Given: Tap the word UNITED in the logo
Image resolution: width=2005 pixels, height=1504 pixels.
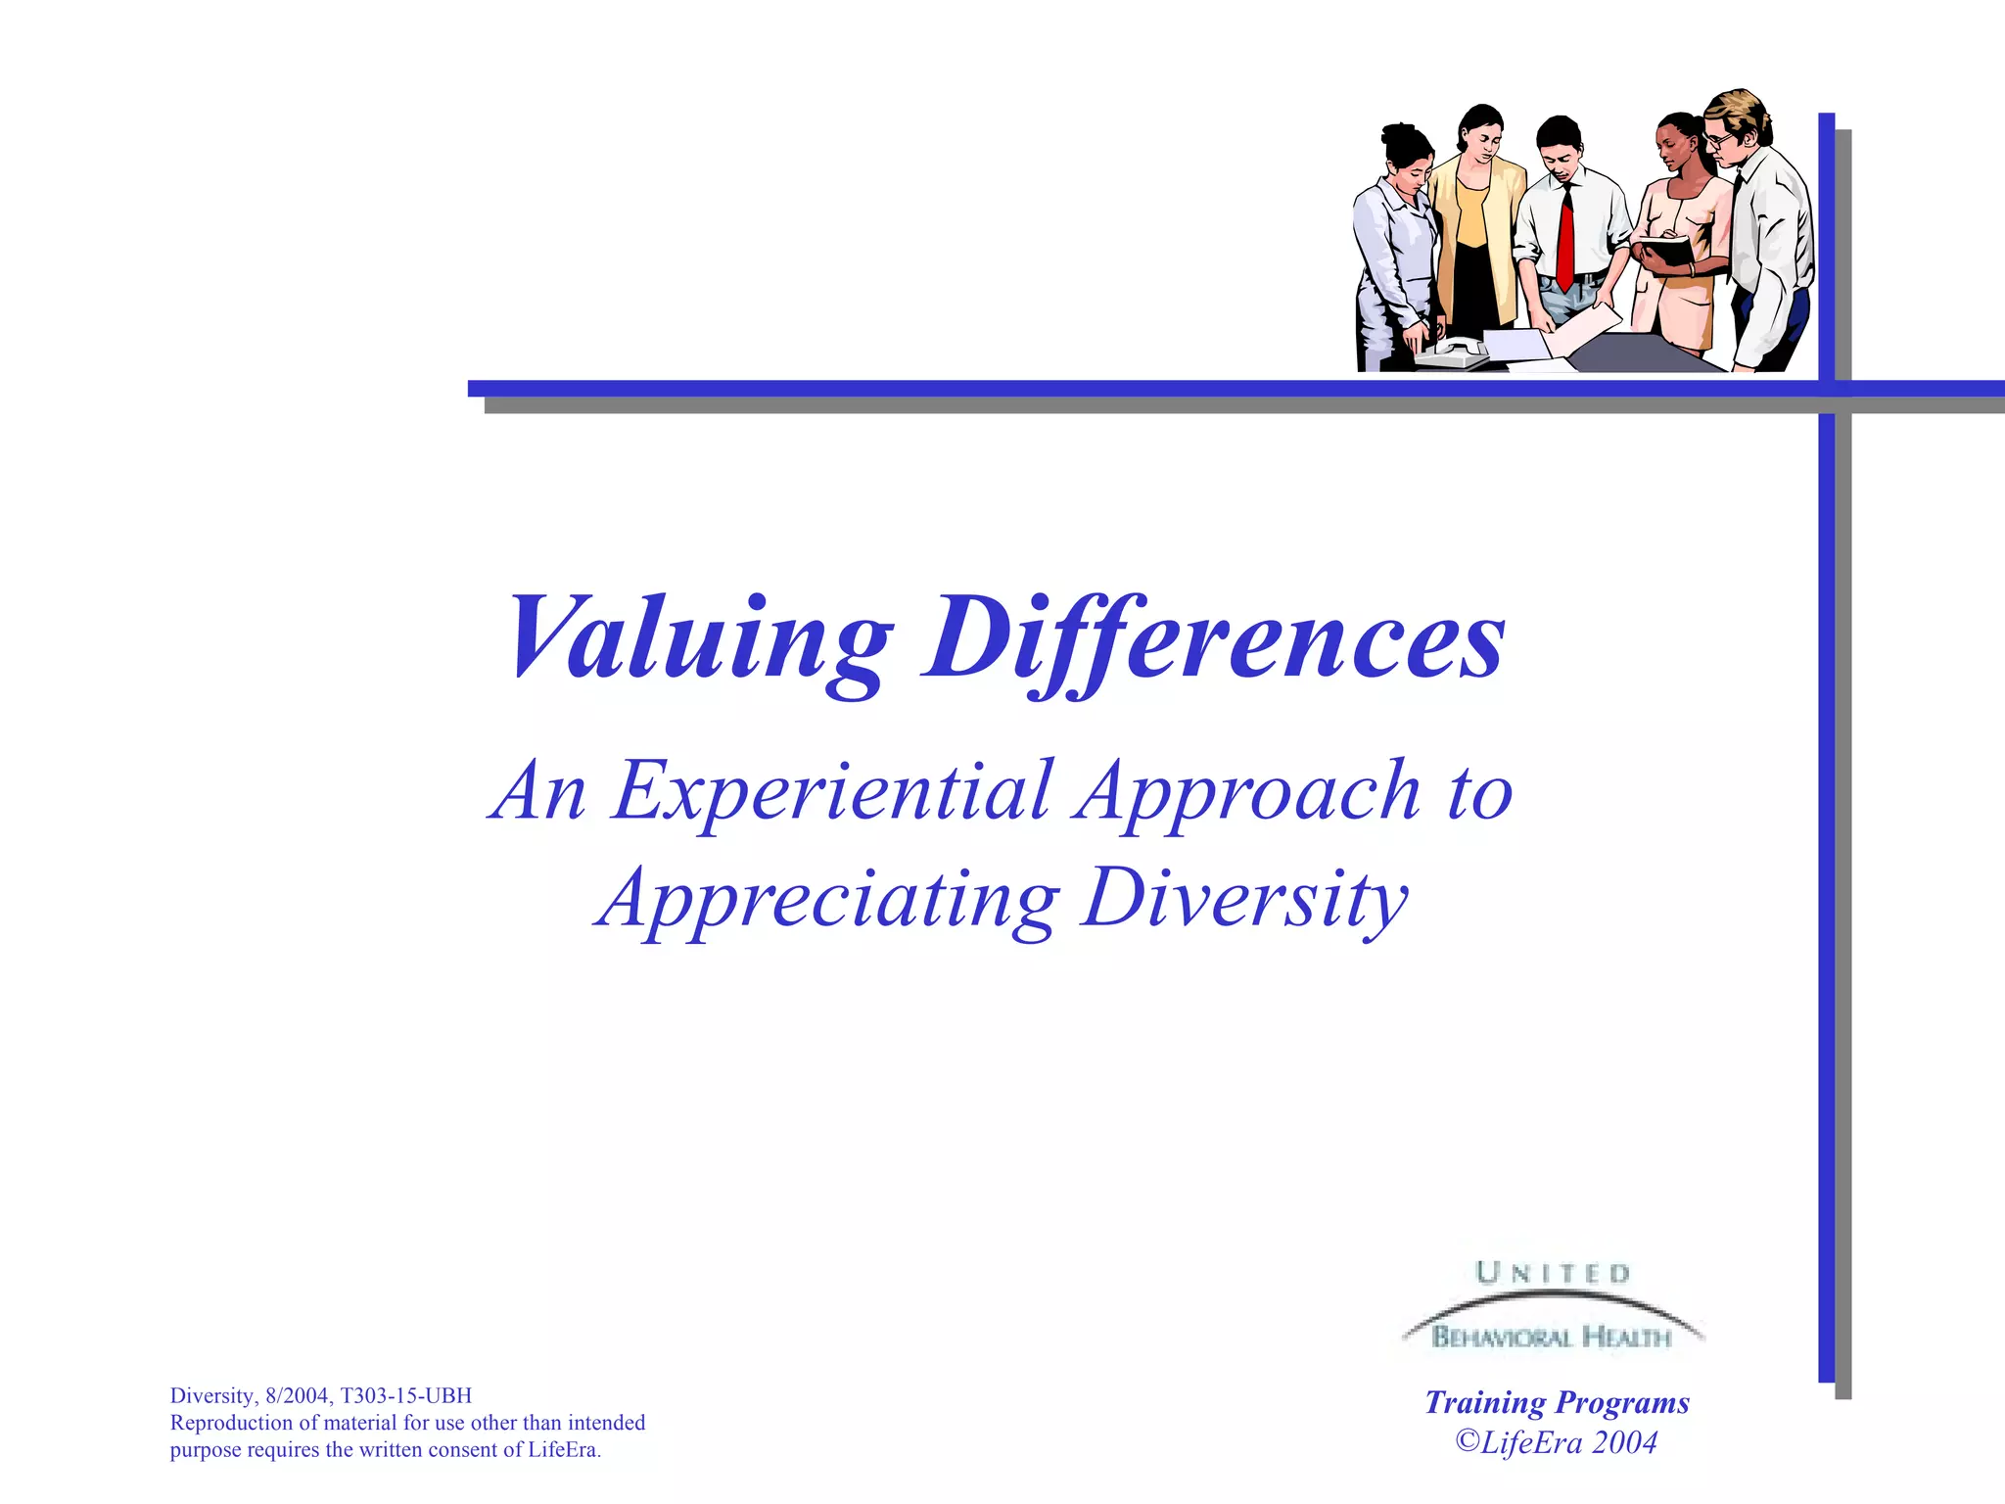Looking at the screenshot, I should (1553, 1273).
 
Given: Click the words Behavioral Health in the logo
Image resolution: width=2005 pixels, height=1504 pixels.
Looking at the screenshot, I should (1551, 1337).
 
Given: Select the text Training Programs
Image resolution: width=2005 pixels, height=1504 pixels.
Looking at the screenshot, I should (1557, 1402).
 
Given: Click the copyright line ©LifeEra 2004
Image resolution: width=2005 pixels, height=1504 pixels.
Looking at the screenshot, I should (1557, 1442).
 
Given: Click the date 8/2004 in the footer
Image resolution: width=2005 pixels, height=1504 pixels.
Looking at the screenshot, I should (297, 1395).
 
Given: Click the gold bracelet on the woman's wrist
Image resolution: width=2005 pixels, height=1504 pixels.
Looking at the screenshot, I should (1691, 269).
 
